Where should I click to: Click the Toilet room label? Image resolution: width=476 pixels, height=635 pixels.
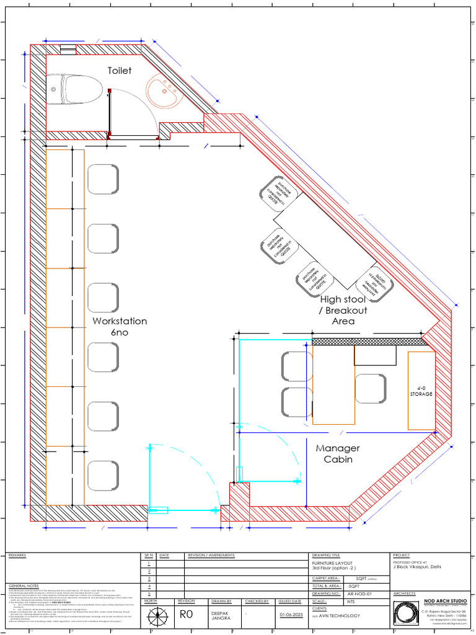(120, 71)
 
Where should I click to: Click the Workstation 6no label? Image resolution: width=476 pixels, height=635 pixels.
(120, 327)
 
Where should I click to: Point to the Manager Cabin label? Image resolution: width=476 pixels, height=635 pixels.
(338, 453)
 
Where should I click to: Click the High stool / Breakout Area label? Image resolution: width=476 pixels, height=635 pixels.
(343, 310)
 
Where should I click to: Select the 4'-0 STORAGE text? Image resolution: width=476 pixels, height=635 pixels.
(421, 391)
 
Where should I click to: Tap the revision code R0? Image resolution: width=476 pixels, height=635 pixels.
(188, 615)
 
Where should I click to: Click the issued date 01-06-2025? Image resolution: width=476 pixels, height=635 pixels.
(290, 616)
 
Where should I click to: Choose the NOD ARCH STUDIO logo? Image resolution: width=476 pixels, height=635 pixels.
(406, 614)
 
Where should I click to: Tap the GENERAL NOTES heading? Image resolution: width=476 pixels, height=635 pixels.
(24, 585)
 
